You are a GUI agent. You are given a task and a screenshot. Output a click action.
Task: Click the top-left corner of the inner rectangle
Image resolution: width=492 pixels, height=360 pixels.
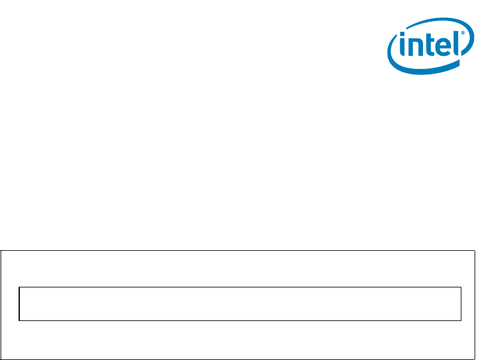[19, 287]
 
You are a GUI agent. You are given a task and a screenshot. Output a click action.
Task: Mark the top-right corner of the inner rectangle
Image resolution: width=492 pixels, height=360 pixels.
[461, 287]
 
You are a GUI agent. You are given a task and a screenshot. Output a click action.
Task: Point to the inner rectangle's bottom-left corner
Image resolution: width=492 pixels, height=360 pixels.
[19, 320]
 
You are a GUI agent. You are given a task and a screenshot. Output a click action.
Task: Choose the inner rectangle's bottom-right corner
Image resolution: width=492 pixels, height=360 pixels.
[461, 320]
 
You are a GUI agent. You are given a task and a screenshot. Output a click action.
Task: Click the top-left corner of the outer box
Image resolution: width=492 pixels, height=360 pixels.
[1, 251]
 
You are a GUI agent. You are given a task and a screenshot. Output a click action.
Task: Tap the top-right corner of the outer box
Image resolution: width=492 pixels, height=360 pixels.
[475, 251]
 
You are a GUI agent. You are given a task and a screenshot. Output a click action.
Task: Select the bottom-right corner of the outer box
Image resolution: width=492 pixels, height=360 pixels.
[475, 359]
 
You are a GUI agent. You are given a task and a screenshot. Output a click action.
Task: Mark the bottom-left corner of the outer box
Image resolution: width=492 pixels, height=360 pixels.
[1, 359]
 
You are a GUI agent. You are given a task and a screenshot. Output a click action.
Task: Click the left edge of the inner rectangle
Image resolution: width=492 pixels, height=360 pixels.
[19, 304]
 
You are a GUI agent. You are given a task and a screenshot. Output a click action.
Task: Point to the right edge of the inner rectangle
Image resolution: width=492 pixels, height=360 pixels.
[461, 304]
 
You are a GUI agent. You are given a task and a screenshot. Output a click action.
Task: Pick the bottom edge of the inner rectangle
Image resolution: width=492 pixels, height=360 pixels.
[240, 320]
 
